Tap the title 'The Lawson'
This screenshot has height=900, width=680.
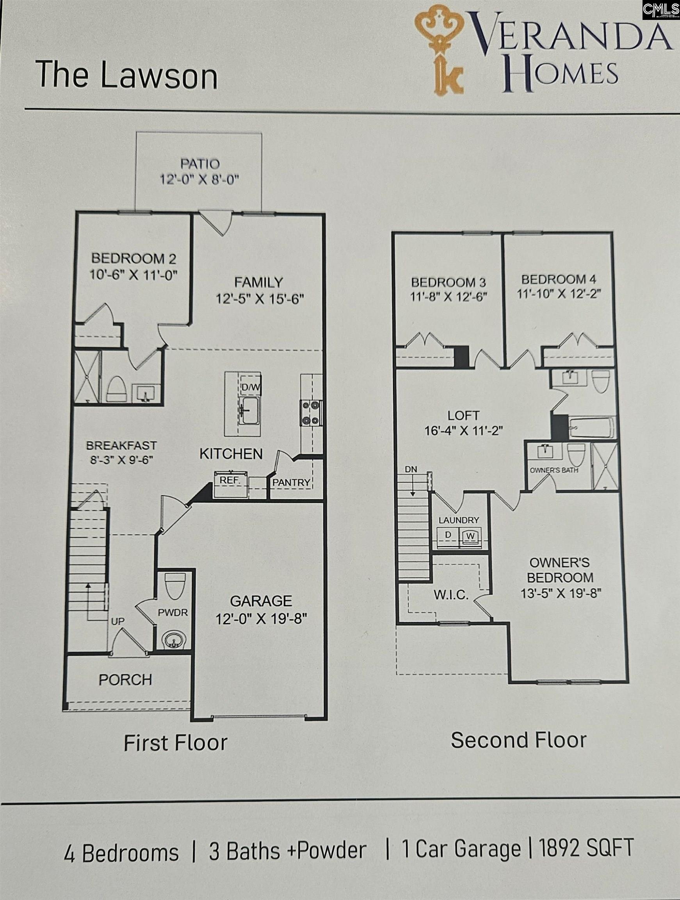[x=126, y=76]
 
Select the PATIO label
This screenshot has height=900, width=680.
[x=200, y=164]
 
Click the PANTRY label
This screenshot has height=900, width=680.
[x=291, y=482]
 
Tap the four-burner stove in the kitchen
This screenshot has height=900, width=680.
[x=311, y=413]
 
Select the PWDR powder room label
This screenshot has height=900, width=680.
[x=173, y=613]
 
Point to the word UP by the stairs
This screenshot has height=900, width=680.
[x=118, y=622]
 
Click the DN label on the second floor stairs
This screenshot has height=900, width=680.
[x=411, y=469]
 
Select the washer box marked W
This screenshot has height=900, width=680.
[x=470, y=536]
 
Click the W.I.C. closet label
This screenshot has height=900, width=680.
[x=451, y=595]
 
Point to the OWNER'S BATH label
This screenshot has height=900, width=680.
[x=554, y=470]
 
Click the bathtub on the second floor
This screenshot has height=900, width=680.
[x=592, y=428]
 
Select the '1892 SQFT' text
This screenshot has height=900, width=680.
[x=586, y=849]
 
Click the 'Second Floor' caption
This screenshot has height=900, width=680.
[x=518, y=740]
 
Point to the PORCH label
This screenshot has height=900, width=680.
[x=125, y=679]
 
